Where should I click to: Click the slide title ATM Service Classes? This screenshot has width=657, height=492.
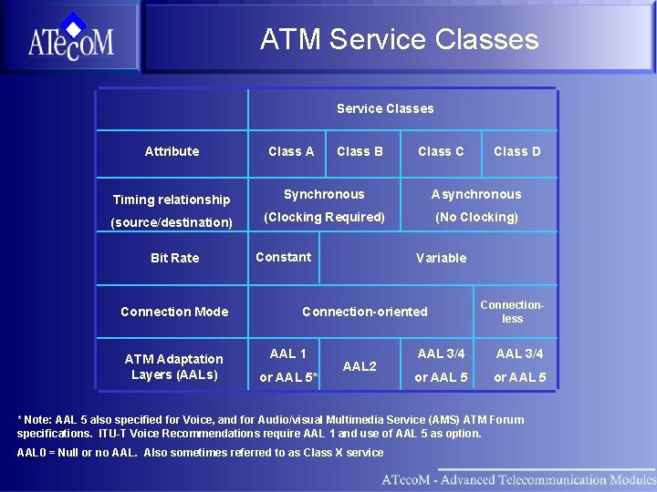pos(399,40)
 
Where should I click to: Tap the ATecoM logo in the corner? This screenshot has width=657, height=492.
pos(70,37)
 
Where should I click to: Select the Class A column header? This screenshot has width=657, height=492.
pos(291,151)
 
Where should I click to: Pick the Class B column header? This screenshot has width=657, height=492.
pos(360,151)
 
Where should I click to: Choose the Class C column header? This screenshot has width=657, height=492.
pos(441,151)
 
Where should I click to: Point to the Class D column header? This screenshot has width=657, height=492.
pos(516,151)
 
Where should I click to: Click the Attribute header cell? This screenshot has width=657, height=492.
pos(172,151)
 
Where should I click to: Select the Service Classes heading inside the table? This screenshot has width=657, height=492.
pos(385,108)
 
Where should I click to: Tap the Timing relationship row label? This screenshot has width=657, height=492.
pos(172,200)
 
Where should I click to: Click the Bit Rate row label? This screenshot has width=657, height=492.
pos(174,258)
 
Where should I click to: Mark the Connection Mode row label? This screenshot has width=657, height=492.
pos(174,312)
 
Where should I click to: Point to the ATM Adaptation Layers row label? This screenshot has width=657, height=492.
pos(174,366)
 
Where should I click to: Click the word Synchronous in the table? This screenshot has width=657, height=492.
pos(324,194)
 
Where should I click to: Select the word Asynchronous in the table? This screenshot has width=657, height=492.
pos(476,194)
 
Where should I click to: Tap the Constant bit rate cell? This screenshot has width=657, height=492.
pos(283,257)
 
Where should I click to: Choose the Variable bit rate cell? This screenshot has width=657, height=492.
pos(441,258)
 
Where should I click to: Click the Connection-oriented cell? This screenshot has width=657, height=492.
pos(364,312)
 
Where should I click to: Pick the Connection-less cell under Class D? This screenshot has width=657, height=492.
pos(512,312)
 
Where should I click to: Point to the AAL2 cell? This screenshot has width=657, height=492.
pos(360,366)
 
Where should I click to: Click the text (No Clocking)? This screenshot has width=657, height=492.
pos(476,217)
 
